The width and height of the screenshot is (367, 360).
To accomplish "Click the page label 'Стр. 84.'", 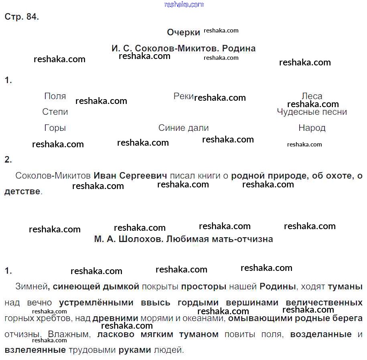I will [22, 17].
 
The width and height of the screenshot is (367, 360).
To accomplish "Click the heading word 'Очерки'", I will [183, 33].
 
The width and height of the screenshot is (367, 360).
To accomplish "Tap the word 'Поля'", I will [55, 96].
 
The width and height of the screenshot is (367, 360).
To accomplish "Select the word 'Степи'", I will [55, 112].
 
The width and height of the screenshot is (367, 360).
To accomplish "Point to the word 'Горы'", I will [55, 128].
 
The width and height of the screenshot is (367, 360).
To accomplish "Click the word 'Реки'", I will [184, 96].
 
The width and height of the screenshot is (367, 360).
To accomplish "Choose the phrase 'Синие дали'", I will [184, 128].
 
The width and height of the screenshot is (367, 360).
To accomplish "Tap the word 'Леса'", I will [312, 96].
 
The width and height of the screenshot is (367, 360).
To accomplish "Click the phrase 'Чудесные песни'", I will [312, 112].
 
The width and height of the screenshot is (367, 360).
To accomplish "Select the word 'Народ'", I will [312, 128].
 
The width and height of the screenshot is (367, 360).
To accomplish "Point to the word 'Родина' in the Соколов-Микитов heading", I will [239, 49].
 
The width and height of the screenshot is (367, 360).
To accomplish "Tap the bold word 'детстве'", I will [22, 191].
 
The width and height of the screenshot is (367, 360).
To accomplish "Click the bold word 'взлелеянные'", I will [35, 350].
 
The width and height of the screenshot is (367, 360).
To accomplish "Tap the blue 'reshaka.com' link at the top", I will [184, 4].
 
